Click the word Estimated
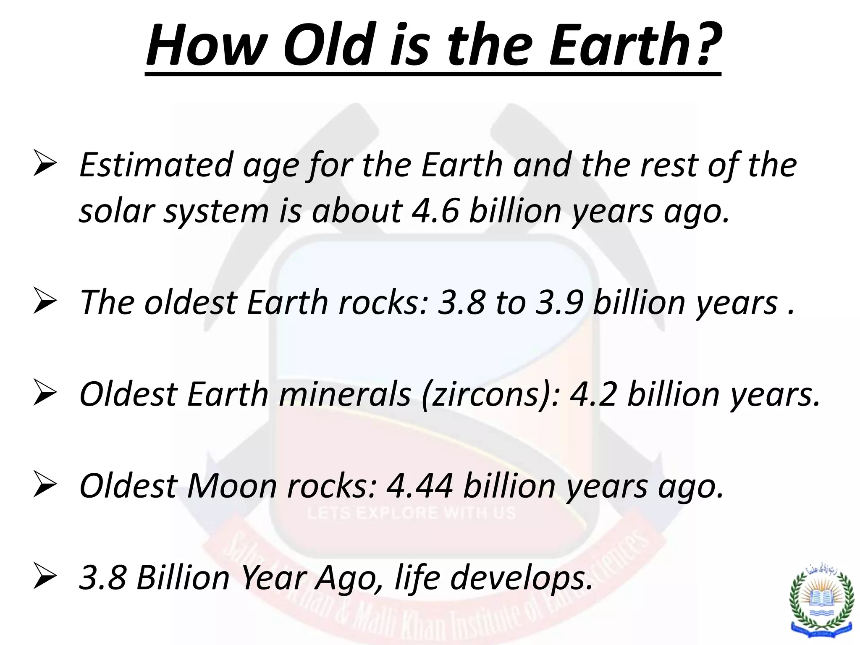(x=156, y=165)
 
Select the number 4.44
(x=420, y=486)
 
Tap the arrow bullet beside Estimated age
(x=45, y=165)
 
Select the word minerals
(x=345, y=394)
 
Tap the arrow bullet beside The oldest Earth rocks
(x=45, y=302)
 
